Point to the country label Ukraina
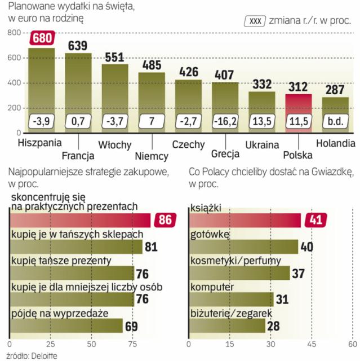pyautogui.click(x=262, y=144)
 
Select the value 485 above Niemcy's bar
pyautogui.click(x=152, y=64)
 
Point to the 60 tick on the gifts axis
pyautogui.click(x=352, y=343)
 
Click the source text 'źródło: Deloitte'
pyautogui.click(x=29, y=355)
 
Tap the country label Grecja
pyautogui.click(x=225, y=153)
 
